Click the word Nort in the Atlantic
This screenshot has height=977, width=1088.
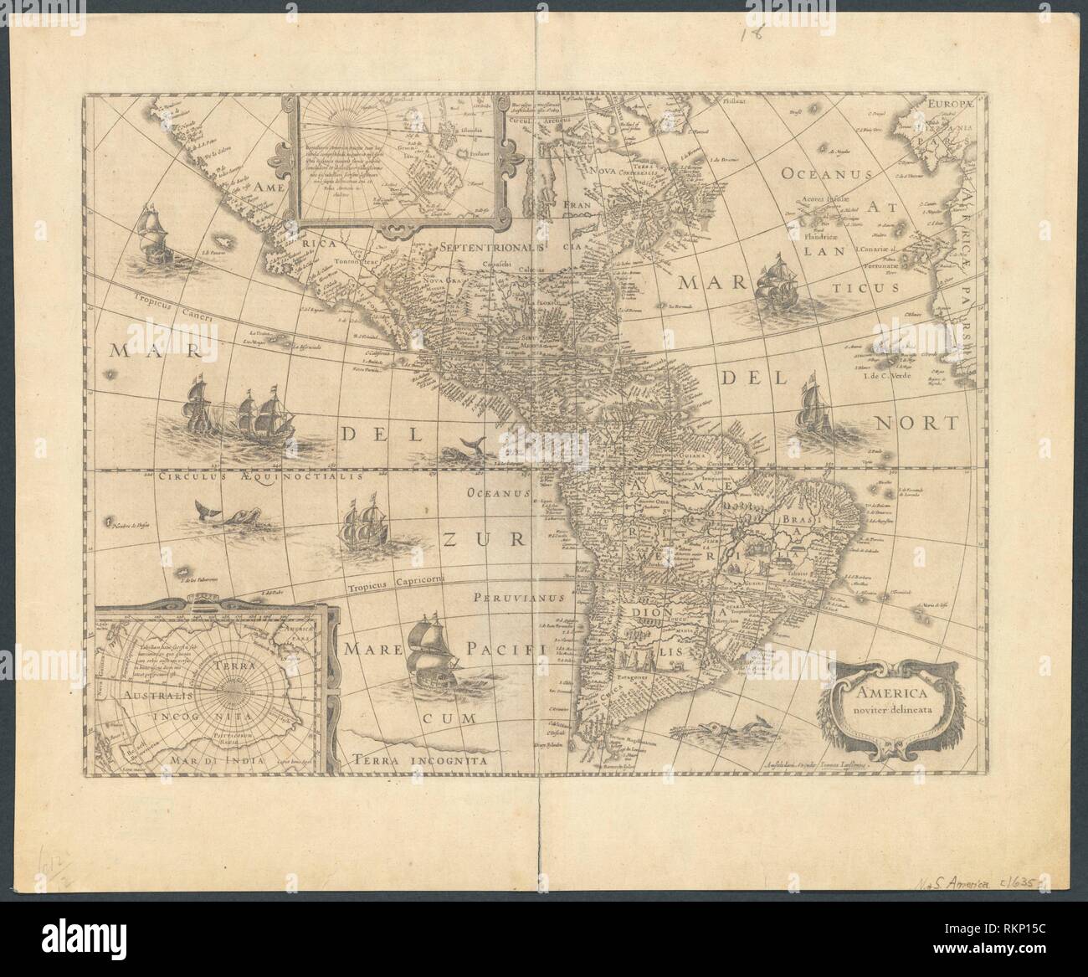point(915,423)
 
